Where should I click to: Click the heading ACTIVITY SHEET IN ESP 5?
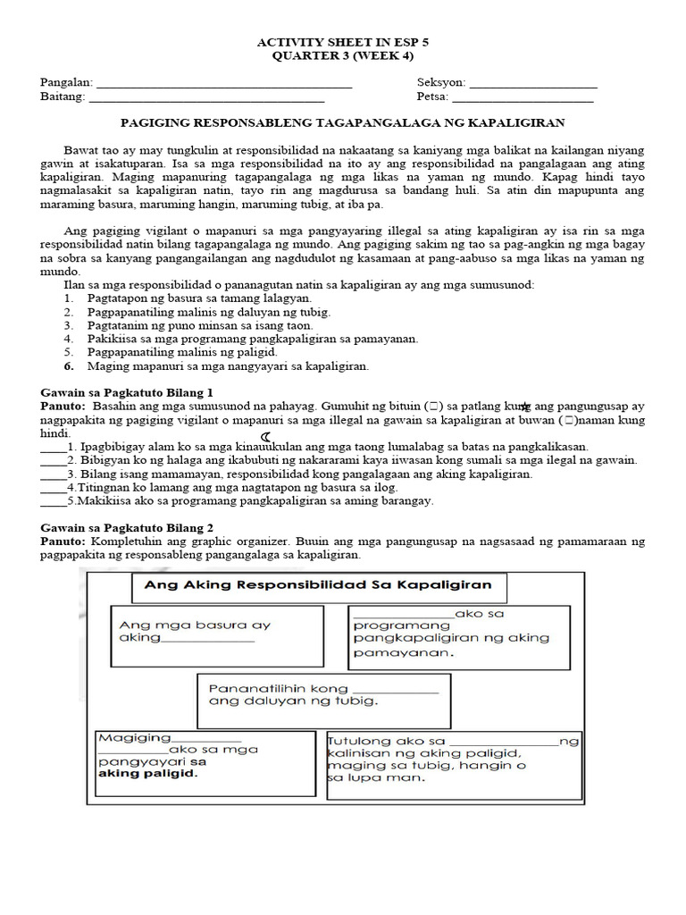344,41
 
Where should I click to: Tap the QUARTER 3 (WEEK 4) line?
344,55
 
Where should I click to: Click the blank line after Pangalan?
223,86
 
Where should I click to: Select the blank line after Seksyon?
532,86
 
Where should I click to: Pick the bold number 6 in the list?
68,365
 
